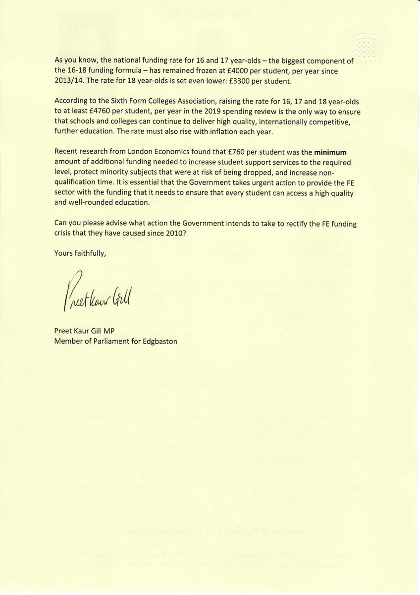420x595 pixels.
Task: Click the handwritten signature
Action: [96, 293]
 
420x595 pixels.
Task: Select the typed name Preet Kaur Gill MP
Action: [87, 332]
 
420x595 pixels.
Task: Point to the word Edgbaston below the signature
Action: [160, 342]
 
